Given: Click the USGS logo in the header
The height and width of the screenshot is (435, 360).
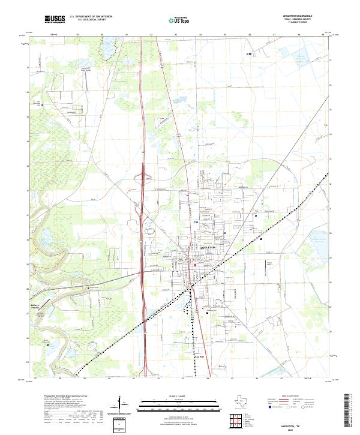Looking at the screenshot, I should (x=55, y=19).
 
